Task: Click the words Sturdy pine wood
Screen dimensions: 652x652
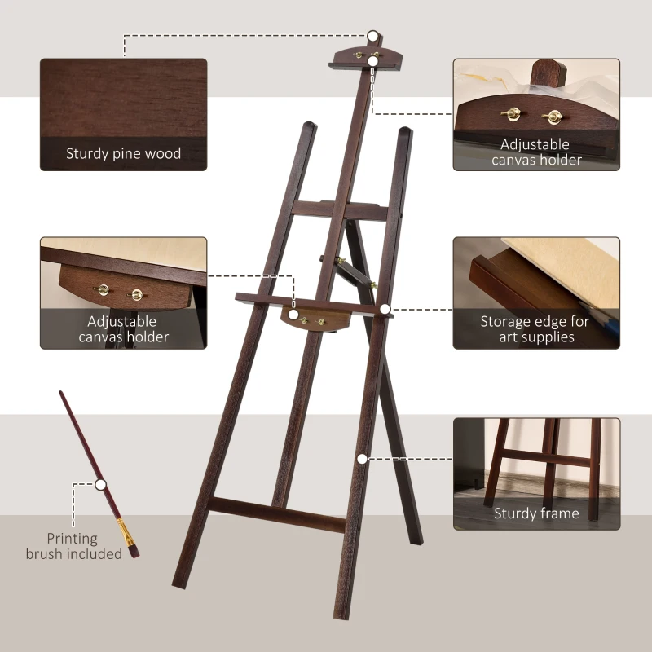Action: tap(123, 153)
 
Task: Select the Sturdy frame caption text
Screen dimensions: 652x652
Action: tap(536, 513)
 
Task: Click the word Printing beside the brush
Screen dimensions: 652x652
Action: tap(72, 539)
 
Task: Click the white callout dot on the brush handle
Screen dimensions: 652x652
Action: tap(100, 484)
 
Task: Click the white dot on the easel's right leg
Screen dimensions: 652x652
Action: tap(361, 459)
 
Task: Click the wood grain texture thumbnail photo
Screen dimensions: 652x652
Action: tap(123, 98)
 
